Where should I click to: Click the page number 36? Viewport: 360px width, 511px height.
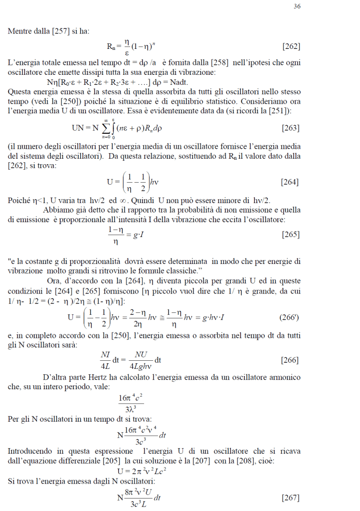(x=297, y=6)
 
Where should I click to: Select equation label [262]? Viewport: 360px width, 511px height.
(x=291, y=47)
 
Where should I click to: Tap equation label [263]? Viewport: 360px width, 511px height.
(x=290, y=128)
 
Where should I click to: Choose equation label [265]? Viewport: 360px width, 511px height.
(x=290, y=234)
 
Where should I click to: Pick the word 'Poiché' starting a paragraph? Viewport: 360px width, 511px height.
(x=19, y=201)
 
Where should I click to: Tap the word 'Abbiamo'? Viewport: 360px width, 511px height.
(x=58, y=210)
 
